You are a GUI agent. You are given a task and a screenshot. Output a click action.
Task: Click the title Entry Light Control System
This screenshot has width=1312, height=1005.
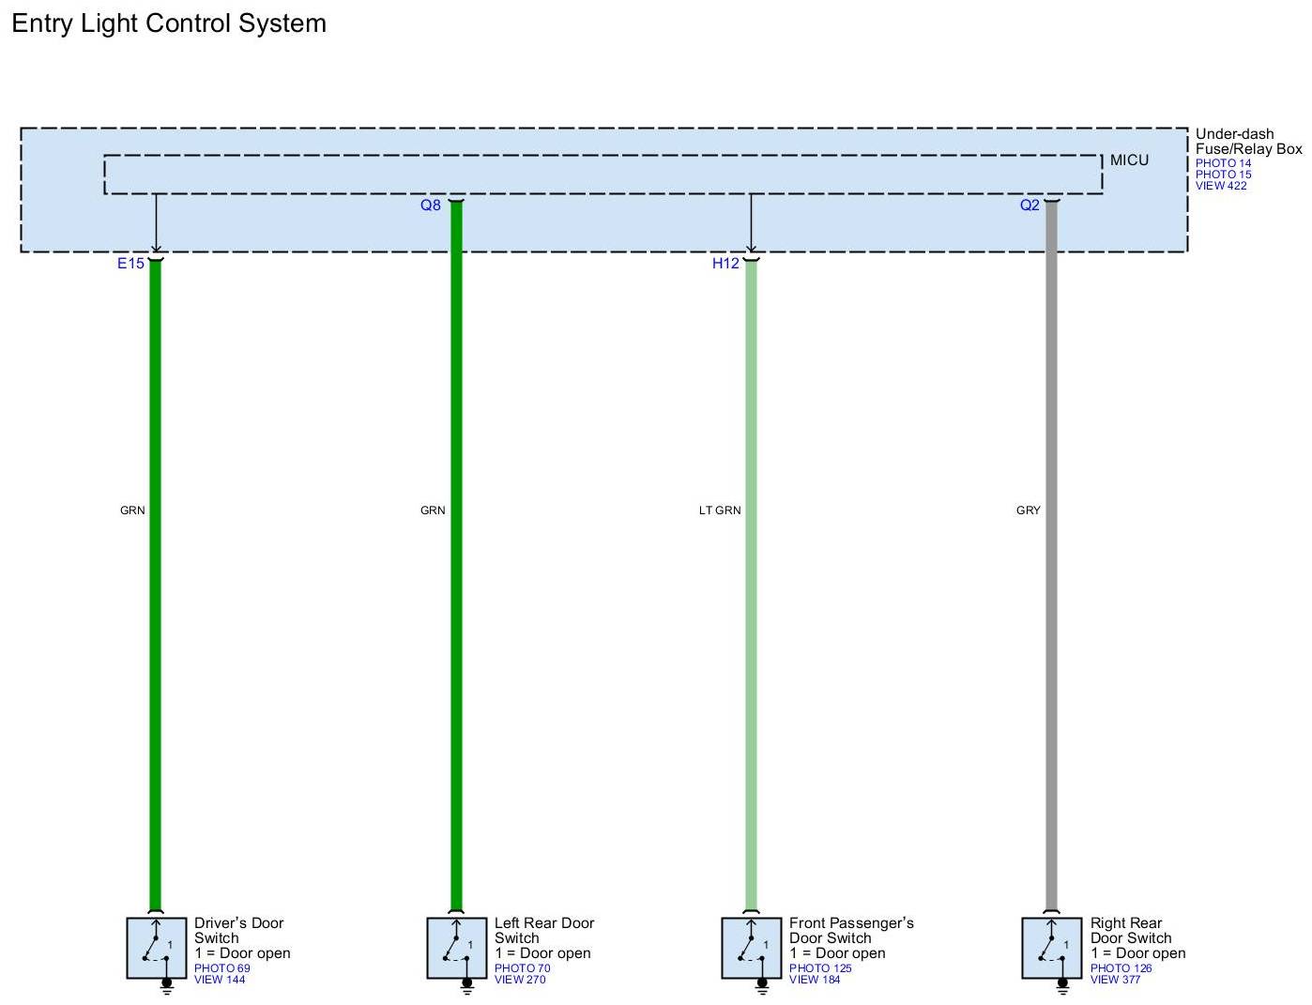point(169,23)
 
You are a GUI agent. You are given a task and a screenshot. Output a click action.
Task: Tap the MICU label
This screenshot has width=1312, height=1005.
point(1129,160)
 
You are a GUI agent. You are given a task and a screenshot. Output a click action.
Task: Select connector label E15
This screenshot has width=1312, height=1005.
point(130,264)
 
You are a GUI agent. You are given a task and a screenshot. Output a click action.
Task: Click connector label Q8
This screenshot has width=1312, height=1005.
point(430,206)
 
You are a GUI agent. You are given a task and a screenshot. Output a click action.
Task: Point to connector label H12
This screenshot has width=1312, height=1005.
point(725,264)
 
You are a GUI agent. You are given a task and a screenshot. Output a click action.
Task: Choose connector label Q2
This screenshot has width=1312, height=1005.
point(1030,206)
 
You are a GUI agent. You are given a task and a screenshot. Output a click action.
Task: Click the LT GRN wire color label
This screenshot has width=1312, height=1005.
point(720,510)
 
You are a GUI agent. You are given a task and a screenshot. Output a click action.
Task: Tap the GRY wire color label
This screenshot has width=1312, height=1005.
point(1028,510)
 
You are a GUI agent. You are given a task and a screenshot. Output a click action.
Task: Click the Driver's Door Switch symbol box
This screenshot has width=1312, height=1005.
point(157,948)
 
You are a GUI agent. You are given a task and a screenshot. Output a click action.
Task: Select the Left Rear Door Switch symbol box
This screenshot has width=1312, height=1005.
point(457,948)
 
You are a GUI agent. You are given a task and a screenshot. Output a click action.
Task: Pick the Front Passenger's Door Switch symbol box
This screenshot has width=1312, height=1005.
point(752,948)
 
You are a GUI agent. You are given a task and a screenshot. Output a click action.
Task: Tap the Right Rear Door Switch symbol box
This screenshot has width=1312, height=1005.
point(1052,948)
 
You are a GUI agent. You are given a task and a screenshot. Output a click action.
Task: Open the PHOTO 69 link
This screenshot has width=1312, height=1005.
point(222,968)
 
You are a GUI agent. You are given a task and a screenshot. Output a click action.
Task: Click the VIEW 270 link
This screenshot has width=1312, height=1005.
point(520,980)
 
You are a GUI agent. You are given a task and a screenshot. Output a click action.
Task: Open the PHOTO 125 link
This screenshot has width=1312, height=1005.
point(820,968)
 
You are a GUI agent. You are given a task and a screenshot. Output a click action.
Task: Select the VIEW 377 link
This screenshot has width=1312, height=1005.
point(1115,980)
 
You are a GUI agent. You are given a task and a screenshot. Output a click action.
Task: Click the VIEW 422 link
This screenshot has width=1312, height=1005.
point(1221,186)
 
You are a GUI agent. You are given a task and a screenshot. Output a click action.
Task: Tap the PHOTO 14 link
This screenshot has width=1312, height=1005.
point(1223,163)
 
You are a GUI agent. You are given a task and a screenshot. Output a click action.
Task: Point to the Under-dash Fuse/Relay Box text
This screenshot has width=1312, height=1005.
point(1248,142)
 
